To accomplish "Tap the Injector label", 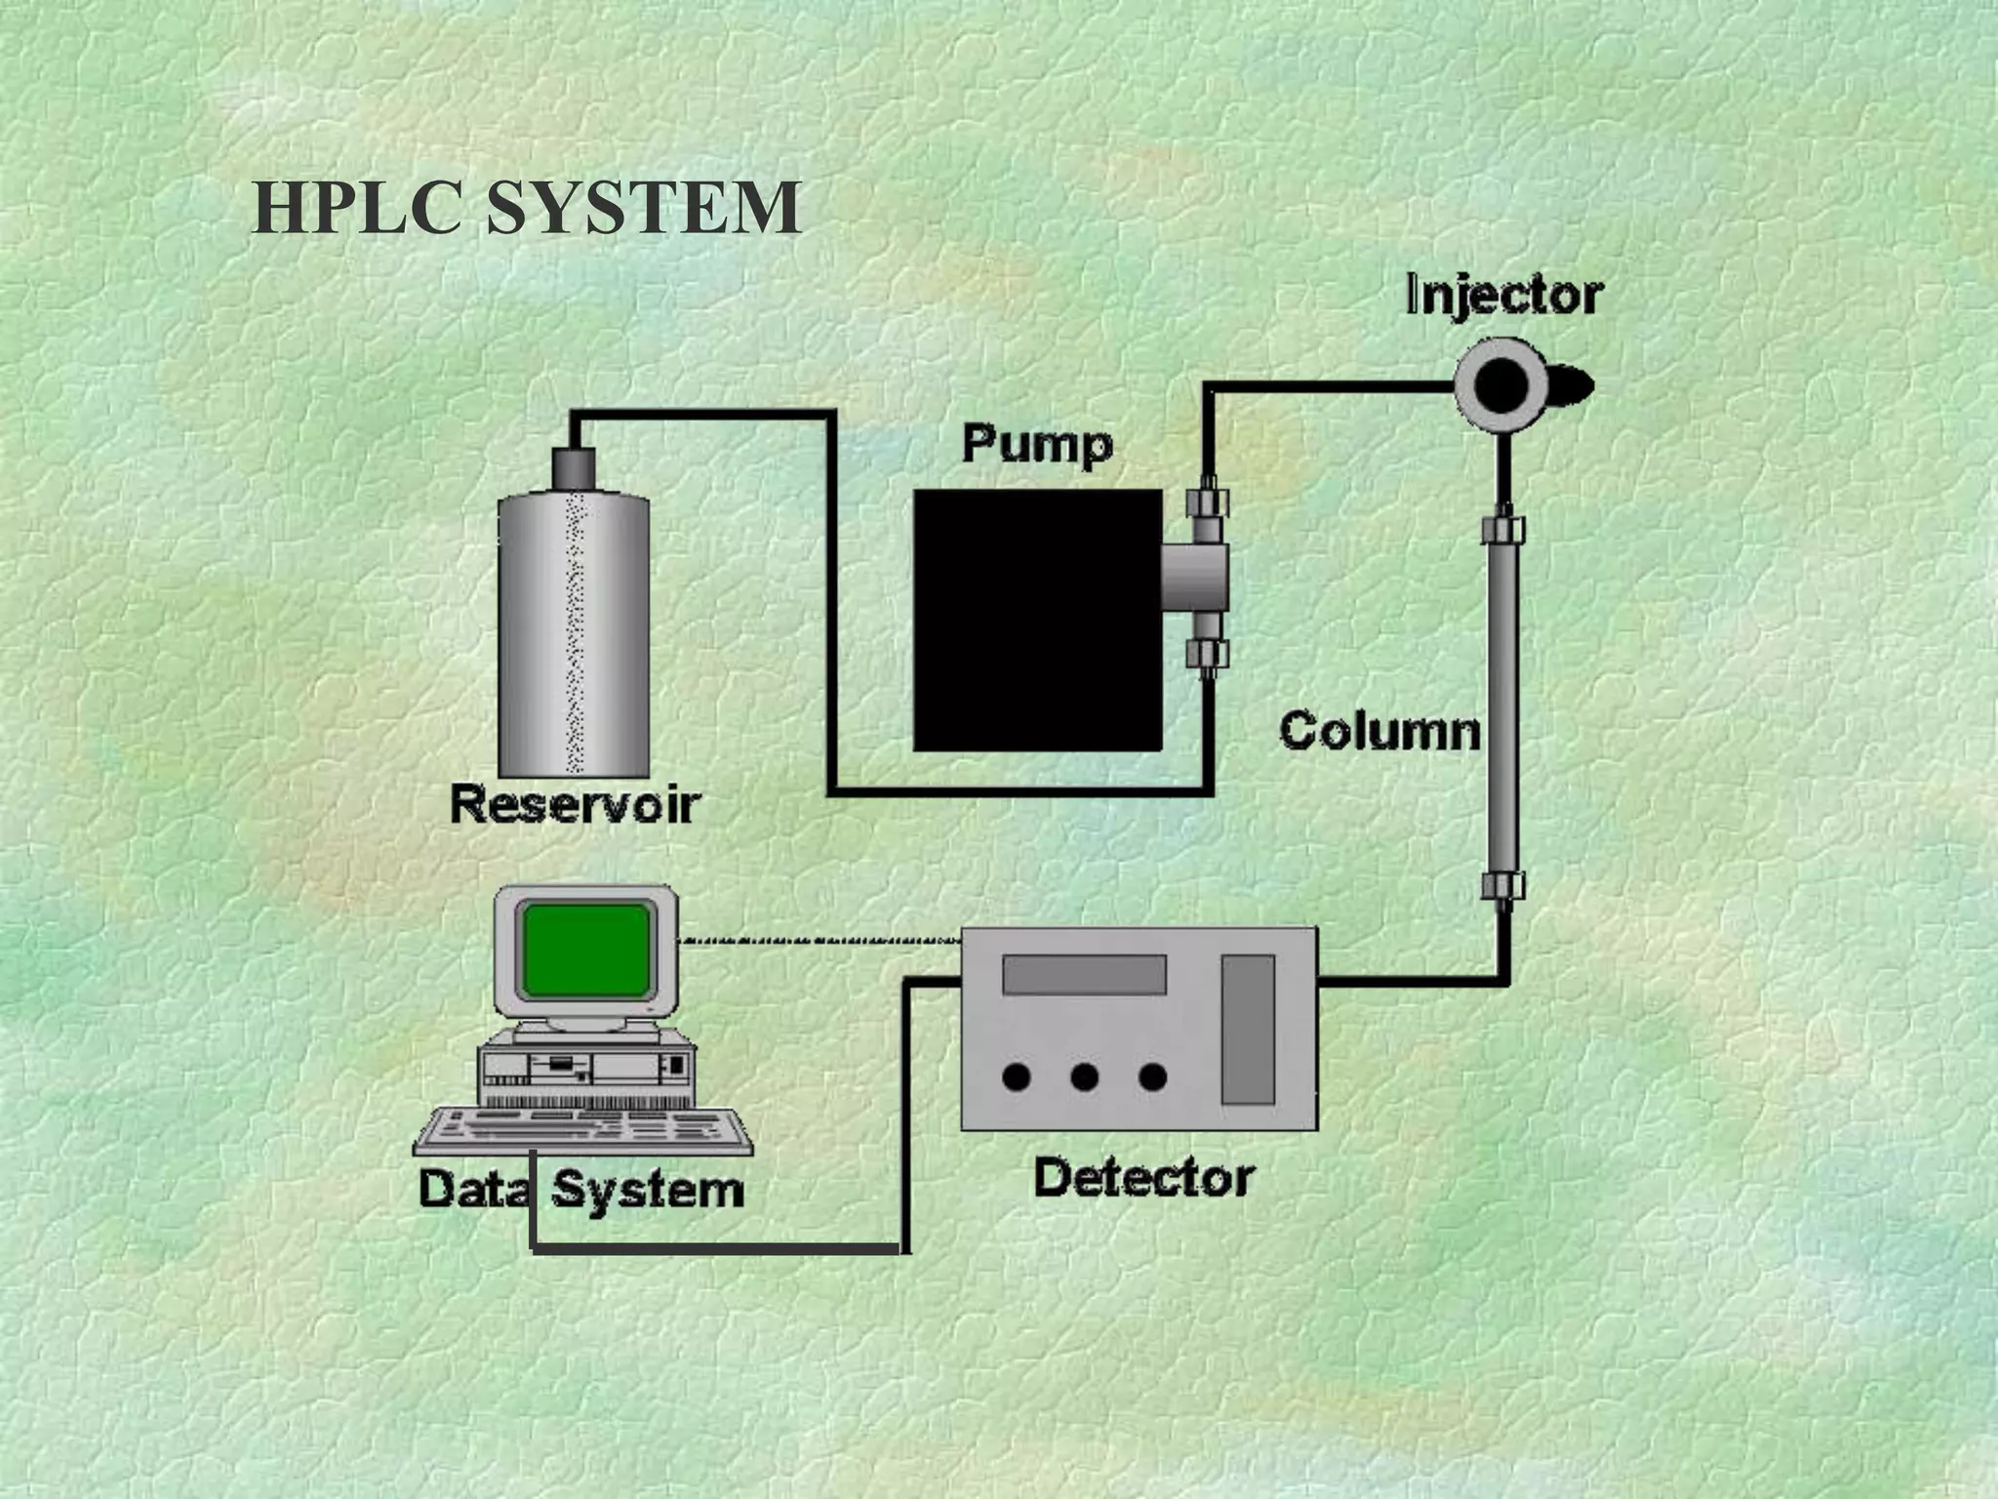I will (x=1503, y=295).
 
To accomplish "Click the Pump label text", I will (x=1037, y=445).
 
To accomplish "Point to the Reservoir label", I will (x=575, y=805).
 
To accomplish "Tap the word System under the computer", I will (x=649, y=1190).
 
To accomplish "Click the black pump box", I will (x=1037, y=621).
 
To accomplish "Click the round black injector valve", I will (x=1500, y=385).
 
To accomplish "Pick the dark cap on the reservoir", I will (x=574, y=469).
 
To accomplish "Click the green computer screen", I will (x=586, y=950).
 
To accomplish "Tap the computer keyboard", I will (x=583, y=1131).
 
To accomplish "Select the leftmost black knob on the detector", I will (x=1017, y=1077).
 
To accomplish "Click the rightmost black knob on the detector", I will (x=1153, y=1077).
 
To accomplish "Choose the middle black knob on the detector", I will (x=1085, y=1077).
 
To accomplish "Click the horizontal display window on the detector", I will (x=1084, y=975).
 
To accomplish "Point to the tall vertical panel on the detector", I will (x=1248, y=1030).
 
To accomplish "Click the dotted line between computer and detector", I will (x=819, y=942).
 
